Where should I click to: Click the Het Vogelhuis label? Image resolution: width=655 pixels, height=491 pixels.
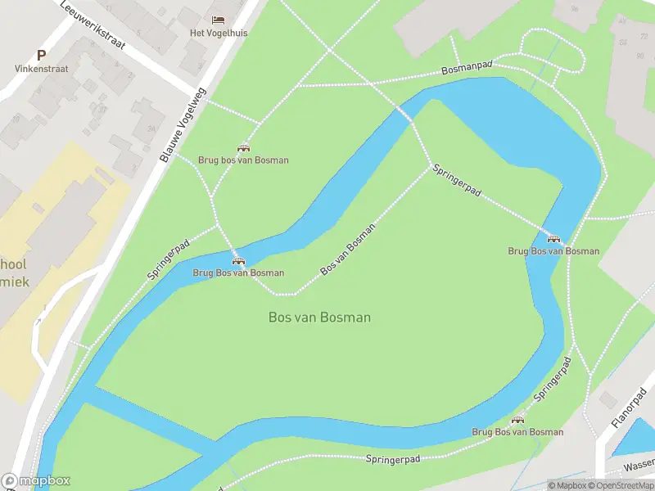click(218, 33)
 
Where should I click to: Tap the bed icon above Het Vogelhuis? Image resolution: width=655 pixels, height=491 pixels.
click(218, 20)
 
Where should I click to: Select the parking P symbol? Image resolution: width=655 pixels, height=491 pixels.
click(41, 55)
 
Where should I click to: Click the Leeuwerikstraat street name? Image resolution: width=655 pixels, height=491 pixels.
click(93, 24)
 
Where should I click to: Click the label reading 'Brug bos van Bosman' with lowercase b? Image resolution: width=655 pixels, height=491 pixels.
click(243, 160)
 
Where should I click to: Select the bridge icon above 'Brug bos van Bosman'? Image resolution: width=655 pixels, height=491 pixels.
click(243, 148)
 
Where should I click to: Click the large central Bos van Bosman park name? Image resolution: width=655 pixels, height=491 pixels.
click(319, 318)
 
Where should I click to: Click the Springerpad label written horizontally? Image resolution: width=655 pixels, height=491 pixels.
click(393, 460)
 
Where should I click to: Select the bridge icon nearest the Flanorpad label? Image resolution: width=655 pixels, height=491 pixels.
click(517, 420)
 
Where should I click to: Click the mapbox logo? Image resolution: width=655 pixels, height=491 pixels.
click(35, 481)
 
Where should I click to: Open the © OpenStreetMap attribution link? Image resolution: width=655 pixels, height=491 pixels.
click(622, 485)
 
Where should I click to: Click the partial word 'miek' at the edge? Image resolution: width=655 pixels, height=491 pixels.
click(14, 281)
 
